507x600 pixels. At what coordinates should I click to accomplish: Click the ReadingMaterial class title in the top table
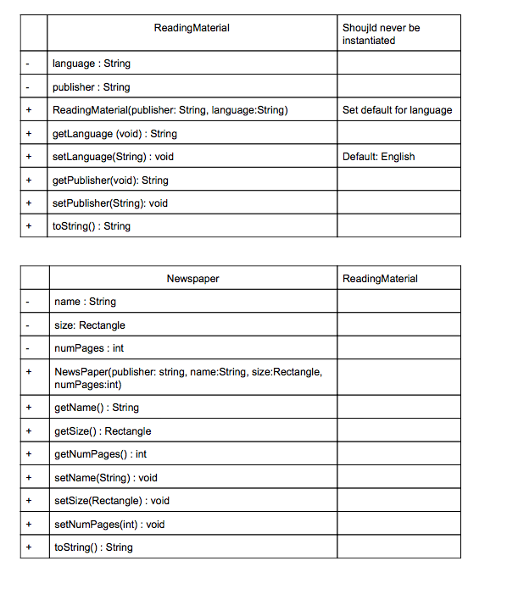point(192,28)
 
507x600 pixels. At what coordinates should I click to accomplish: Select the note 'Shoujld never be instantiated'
point(381,34)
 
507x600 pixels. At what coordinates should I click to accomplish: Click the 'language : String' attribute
point(92,64)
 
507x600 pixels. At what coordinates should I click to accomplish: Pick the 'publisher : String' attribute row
point(92,86)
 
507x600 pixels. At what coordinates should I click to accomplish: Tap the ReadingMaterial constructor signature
point(170,110)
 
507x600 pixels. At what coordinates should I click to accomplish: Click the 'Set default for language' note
point(397,110)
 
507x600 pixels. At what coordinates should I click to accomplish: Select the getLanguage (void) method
point(114,134)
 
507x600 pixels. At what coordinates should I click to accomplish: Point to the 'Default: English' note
point(379,157)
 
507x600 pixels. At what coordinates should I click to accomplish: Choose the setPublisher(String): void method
point(110,203)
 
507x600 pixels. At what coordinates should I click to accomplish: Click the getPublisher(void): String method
point(110,180)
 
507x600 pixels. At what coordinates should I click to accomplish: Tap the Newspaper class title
point(192,279)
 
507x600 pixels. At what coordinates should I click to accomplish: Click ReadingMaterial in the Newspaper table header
point(380,279)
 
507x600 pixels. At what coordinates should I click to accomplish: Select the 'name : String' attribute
point(86,302)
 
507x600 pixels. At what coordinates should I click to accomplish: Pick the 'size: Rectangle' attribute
point(90,325)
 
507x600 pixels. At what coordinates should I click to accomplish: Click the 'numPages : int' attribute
point(89,348)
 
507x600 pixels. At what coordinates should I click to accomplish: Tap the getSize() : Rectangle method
point(103,431)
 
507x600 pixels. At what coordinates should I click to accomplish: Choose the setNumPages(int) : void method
point(109,525)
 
